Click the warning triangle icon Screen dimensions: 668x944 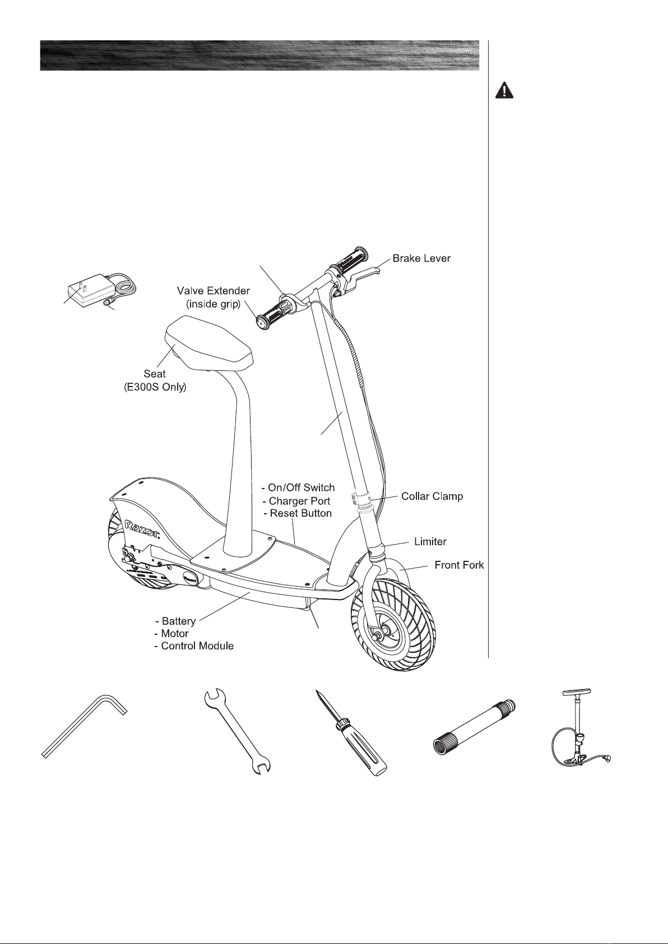point(504,91)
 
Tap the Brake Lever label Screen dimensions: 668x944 point(421,258)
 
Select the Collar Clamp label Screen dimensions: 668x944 point(432,496)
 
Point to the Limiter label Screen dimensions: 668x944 point(430,542)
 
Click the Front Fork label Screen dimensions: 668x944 point(460,565)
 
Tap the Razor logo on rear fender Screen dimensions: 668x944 point(142,530)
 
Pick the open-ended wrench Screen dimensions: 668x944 point(237,732)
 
